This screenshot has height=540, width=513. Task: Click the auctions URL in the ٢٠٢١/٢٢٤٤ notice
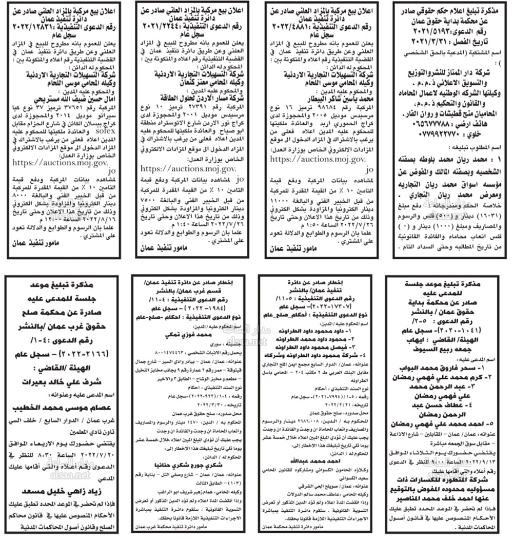(x=188, y=168)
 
